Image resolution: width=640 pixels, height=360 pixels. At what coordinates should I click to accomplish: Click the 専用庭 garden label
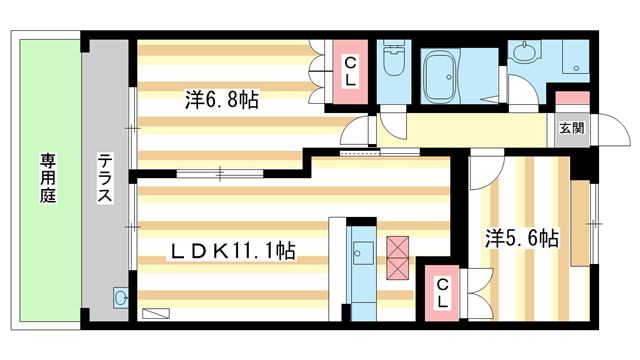pyautogui.click(x=48, y=180)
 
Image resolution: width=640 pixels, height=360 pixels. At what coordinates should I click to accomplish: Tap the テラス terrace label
pyautogui.click(x=104, y=180)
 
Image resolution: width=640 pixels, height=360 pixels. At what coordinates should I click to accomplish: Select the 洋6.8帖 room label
pyautogui.click(x=222, y=100)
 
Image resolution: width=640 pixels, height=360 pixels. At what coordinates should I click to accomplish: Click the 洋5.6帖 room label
pyautogui.click(x=522, y=238)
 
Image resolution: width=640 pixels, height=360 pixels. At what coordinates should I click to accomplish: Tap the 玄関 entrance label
pyautogui.click(x=572, y=128)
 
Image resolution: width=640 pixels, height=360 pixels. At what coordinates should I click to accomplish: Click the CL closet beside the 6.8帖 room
pyautogui.click(x=350, y=71)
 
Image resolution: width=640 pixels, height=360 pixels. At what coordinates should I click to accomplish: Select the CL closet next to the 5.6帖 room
pyautogui.click(x=441, y=292)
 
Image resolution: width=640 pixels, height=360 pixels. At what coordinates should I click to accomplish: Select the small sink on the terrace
pyautogui.click(x=122, y=297)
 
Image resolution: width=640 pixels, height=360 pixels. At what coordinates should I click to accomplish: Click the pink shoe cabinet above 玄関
pyautogui.click(x=572, y=99)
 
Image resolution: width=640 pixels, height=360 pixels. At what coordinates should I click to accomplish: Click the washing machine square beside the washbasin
pyautogui.click(x=576, y=58)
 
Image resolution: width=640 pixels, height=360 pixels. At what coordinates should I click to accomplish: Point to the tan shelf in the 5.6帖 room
pyautogui.click(x=579, y=224)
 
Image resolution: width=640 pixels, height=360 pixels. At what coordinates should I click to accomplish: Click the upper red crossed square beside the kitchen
pyautogui.click(x=398, y=247)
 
